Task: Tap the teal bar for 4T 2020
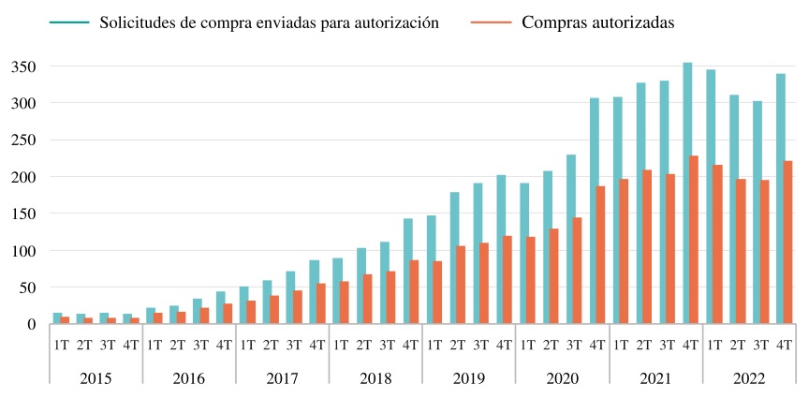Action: tap(595, 211)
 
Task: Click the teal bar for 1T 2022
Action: tap(711, 197)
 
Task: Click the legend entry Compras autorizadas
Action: tap(596, 23)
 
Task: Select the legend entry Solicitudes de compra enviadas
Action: tap(269, 23)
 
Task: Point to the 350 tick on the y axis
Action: tap(23, 66)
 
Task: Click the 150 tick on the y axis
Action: tap(23, 214)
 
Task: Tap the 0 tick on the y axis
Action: tap(31, 324)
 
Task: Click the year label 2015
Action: tap(96, 378)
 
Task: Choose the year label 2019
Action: tap(469, 378)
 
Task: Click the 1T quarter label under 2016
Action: tap(154, 344)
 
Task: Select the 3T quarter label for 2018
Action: tap(388, 344)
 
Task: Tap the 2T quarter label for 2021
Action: tap(645, 344)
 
